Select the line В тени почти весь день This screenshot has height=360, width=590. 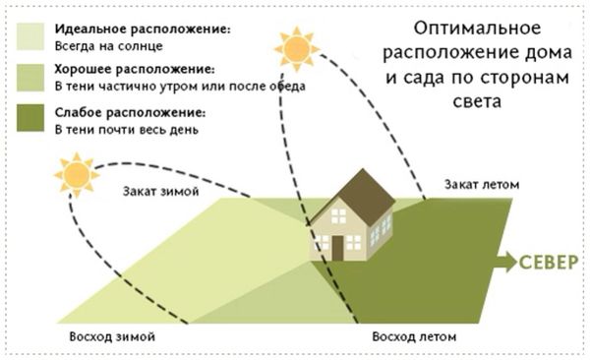(125, 129)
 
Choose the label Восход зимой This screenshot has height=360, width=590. (112, 337)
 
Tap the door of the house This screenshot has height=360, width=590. (337, 248)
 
